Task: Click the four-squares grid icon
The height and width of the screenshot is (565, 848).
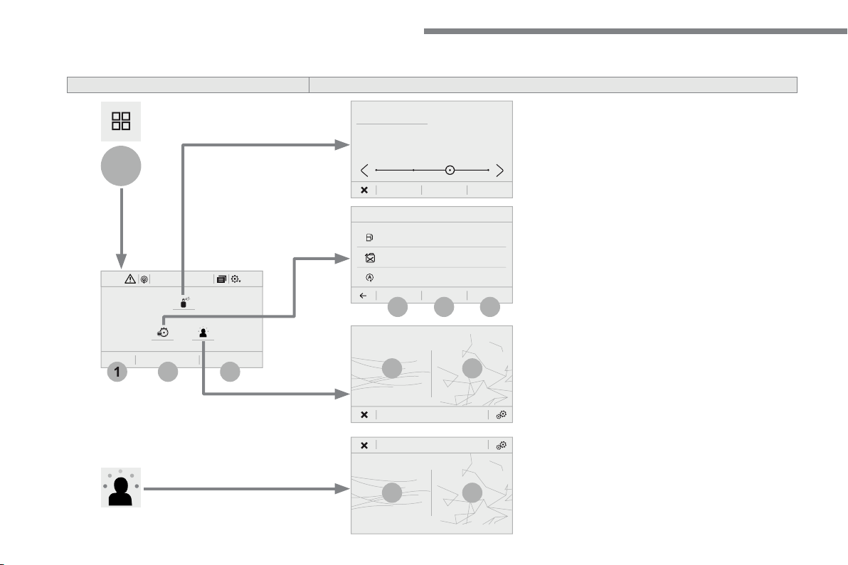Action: click(121, 121)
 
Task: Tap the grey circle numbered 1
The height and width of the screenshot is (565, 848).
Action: click(117, 372)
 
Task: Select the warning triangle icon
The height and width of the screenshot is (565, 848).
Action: click(130, 279)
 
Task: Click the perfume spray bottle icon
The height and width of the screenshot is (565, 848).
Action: click(184, 303)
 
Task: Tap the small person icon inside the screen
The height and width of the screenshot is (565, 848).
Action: click(203, 333)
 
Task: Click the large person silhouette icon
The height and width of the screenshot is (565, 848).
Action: click(121, 488)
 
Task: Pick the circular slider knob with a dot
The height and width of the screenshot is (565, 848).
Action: click(450, 170)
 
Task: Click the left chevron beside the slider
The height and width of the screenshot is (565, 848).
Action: click(364, 171)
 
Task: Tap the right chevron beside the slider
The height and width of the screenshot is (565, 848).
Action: click(499, 171)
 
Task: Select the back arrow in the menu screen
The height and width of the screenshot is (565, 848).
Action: click(364, 296)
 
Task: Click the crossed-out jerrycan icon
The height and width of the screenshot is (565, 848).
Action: click(370, 258)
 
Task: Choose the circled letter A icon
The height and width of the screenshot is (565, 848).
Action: click(370, 278)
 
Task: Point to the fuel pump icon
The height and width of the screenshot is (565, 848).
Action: click(369, 237)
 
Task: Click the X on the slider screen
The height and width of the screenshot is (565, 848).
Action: click(364, 190)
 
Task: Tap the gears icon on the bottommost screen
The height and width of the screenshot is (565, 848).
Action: click(502, 445)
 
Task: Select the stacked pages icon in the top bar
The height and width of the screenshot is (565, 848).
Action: click(221, 279)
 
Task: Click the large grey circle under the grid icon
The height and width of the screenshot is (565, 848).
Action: click(121, 166)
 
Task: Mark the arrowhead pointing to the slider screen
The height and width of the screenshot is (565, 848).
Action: click(342, 145)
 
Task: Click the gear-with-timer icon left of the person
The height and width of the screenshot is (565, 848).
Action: click(163, 333)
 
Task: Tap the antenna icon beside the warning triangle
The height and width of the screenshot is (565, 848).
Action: click(144, 279)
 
